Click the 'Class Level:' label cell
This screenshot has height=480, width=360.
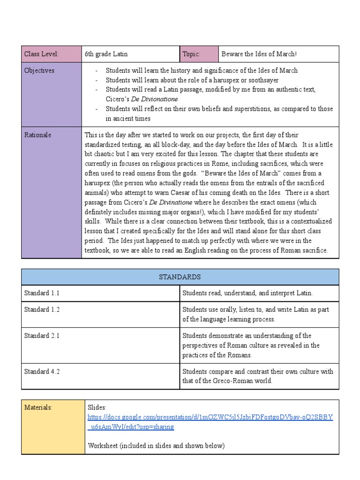pos(51,54)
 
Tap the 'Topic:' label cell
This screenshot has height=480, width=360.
pos(199,54)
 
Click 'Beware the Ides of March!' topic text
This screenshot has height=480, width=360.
pos(259,54)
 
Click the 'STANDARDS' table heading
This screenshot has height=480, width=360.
pos(180,277)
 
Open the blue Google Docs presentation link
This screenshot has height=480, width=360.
pos(210,417)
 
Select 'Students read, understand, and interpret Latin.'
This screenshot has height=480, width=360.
pos(247,293)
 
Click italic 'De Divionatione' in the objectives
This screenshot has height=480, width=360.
pos(154,99)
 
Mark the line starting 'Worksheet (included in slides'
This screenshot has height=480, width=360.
pos(156,446)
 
